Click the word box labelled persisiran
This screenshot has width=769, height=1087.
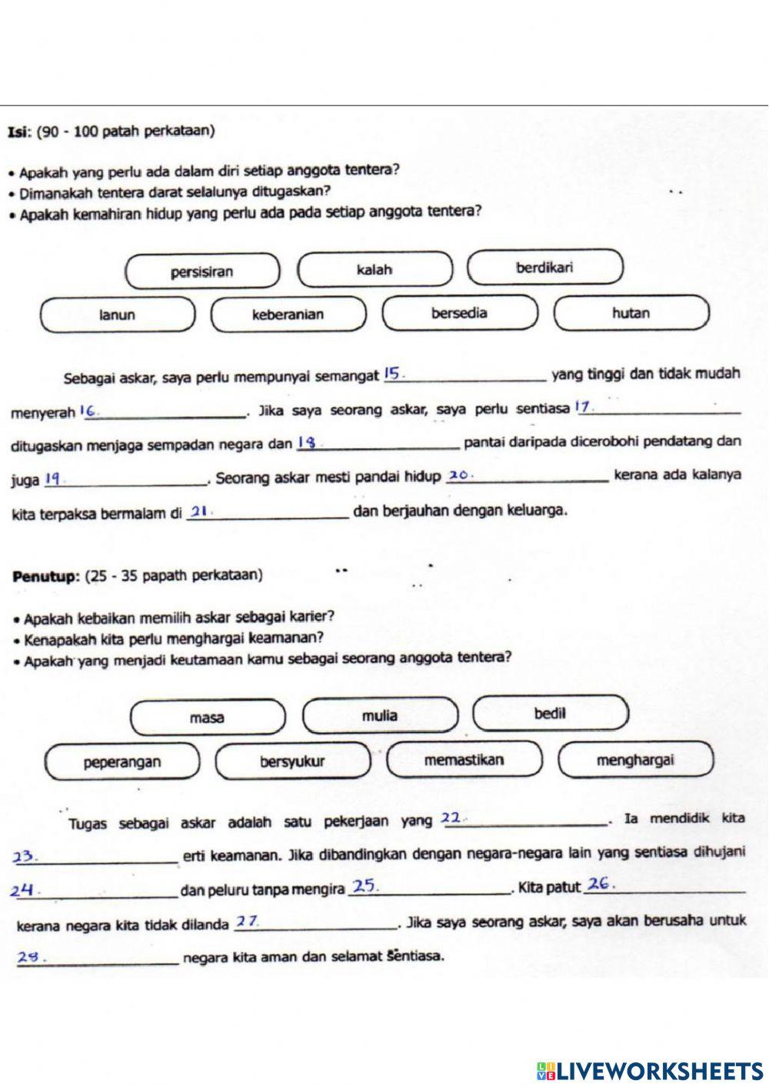[202, 272]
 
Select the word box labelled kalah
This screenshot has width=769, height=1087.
[375, 270]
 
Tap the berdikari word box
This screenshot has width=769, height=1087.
[544, 268]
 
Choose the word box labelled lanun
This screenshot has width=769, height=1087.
[117, 315]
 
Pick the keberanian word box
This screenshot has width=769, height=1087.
[288, 315]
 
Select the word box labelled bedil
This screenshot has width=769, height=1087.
[550, 713]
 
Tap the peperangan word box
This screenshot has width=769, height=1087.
[122, 762]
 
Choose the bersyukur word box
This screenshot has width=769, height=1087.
[292, 762]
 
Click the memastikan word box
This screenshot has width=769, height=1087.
[464, 760]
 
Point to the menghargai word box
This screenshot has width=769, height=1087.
[635, 760]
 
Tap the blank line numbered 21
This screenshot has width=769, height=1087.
[268, 513]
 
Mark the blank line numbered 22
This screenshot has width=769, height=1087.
[524, 822]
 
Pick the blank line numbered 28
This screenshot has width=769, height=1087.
[97, 959]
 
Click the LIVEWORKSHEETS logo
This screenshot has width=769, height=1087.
[650, 1070]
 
